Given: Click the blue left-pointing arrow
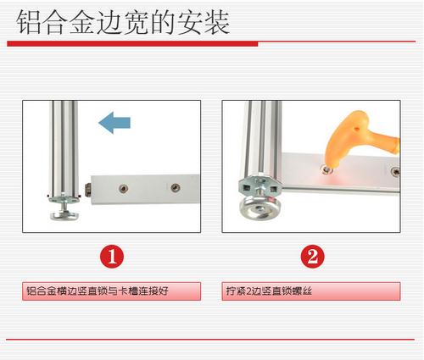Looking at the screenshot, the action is point(114,123).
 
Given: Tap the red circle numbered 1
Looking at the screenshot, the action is point(112,257).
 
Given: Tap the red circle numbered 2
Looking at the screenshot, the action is point(312,257).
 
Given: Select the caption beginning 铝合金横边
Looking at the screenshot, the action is point(98,291).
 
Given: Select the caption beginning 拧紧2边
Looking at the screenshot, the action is point(269,291).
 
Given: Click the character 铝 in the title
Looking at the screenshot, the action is point(28,23).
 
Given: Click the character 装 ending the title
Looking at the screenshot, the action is point(217,23).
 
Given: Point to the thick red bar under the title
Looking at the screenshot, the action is point(132,43).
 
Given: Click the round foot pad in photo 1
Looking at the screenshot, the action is point(64,216).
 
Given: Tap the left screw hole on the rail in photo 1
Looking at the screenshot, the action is point(123,188).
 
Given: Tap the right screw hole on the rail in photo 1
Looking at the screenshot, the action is point(176,187).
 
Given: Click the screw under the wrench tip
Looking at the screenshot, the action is point(326,170).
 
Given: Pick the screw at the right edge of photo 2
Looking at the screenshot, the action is point(395,171).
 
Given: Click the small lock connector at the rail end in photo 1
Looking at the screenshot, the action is point(88,190).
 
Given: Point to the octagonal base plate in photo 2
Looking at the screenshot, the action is point(260,186).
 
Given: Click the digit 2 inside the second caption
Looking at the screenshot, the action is point(248,291).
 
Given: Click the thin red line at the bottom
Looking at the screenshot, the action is point(210,339).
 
